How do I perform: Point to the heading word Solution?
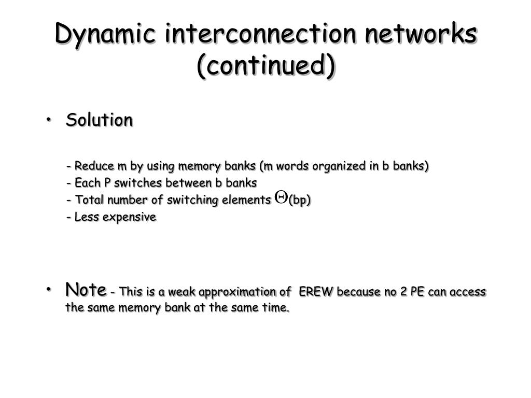(x=99, y=120)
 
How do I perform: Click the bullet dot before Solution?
(x=49, y=120)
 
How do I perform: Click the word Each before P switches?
(x=86, y=183)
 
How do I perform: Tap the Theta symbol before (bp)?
(x=281, y=197)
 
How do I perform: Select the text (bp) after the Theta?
(x=300, y=201)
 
